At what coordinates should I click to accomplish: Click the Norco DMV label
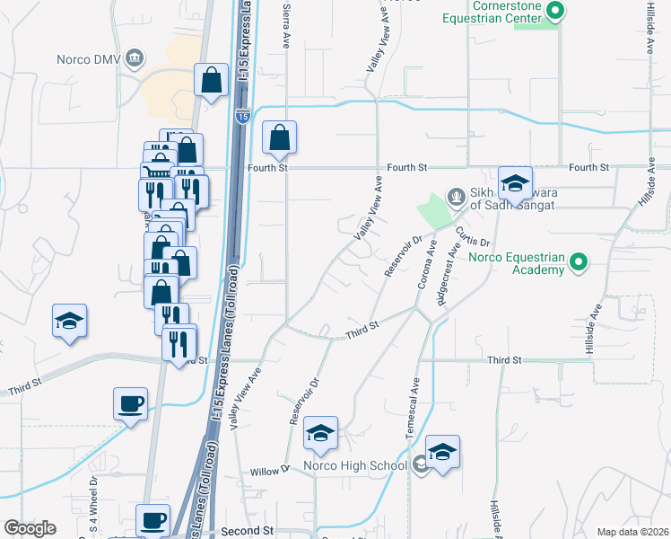coord(88,59)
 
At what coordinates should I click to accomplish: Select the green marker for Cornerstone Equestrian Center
coord(555,11)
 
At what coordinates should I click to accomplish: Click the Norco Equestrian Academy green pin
coord(579,263)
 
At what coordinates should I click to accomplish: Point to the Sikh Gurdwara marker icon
coord(456,196)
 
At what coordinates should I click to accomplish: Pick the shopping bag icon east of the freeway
coord(280,137)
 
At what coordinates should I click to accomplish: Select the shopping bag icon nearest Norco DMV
coord(211,80)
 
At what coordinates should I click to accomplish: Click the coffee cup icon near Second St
coord(152,519)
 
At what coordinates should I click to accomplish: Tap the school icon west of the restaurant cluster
coord(68,322)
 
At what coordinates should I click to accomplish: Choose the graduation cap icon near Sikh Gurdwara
coord(515,183)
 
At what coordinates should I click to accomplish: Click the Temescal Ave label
coord(414,406)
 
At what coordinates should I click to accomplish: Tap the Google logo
coord(30,528)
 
